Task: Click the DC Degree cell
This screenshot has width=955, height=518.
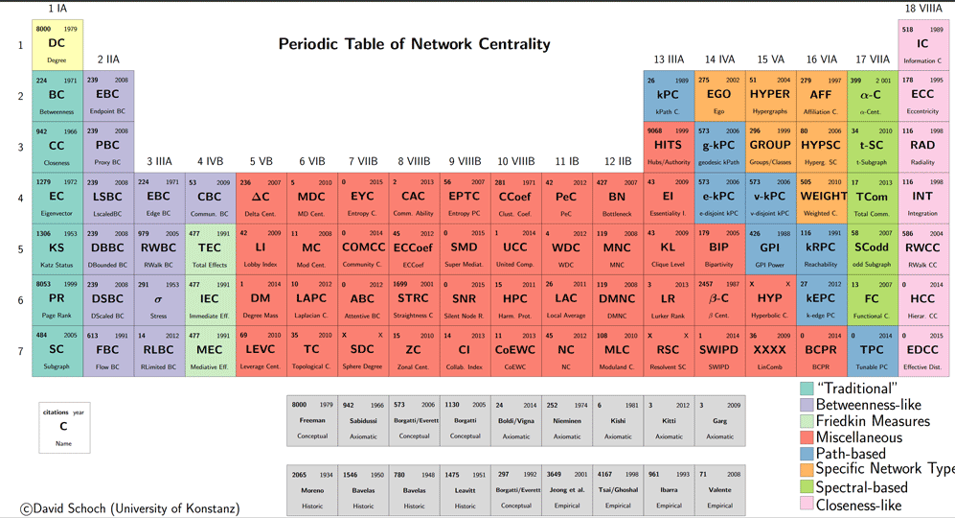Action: tap(57, 44)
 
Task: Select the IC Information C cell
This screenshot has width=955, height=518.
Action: tap(922, 44)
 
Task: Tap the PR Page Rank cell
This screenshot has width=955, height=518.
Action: tap(57, 299)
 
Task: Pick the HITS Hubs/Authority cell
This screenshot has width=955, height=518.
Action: tap(668, 146)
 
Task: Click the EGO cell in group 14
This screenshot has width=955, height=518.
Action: tap(718, 95)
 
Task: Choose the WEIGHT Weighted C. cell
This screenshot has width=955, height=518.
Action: tap(822, 197)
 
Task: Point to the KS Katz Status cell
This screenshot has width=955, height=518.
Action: tap(57, 248)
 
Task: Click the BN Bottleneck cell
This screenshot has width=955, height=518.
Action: tap(616, 197)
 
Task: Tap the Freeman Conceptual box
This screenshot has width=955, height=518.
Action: tap(312, 419)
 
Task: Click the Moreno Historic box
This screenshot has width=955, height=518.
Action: tap(312, 489)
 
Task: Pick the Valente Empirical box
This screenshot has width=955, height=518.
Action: tap(719, 489)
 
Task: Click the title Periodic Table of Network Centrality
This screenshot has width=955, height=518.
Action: tap(414, 44)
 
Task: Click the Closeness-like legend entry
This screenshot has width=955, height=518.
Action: tap(858, 505)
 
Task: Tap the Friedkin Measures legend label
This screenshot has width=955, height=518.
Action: tap(872, 421)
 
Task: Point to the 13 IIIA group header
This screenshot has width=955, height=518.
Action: tap(669, 59)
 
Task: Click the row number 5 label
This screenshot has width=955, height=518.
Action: tap(20, 249)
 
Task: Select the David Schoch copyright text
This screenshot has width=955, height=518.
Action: tap(129, 508)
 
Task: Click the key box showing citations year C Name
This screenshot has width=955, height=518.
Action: tap(64, 428)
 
